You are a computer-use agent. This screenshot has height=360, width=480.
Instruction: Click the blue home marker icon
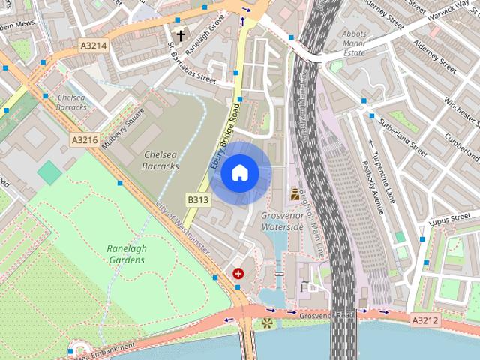tap(239, 173)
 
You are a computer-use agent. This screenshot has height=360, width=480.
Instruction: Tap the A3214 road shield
tap(94, 46)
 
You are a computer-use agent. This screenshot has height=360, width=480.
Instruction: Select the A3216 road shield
tap(85, 140)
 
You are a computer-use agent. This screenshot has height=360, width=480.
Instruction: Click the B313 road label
tap(198, 199)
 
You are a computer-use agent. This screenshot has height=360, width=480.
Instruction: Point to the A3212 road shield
tap(424, 320)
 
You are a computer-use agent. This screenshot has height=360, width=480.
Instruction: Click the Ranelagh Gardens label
tap(125, 254)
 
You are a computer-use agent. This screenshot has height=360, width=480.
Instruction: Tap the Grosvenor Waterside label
tap(282, 220)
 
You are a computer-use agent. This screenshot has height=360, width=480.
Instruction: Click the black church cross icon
tap(180, 34)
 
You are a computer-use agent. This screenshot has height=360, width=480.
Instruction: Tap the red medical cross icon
tap(238, 274)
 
